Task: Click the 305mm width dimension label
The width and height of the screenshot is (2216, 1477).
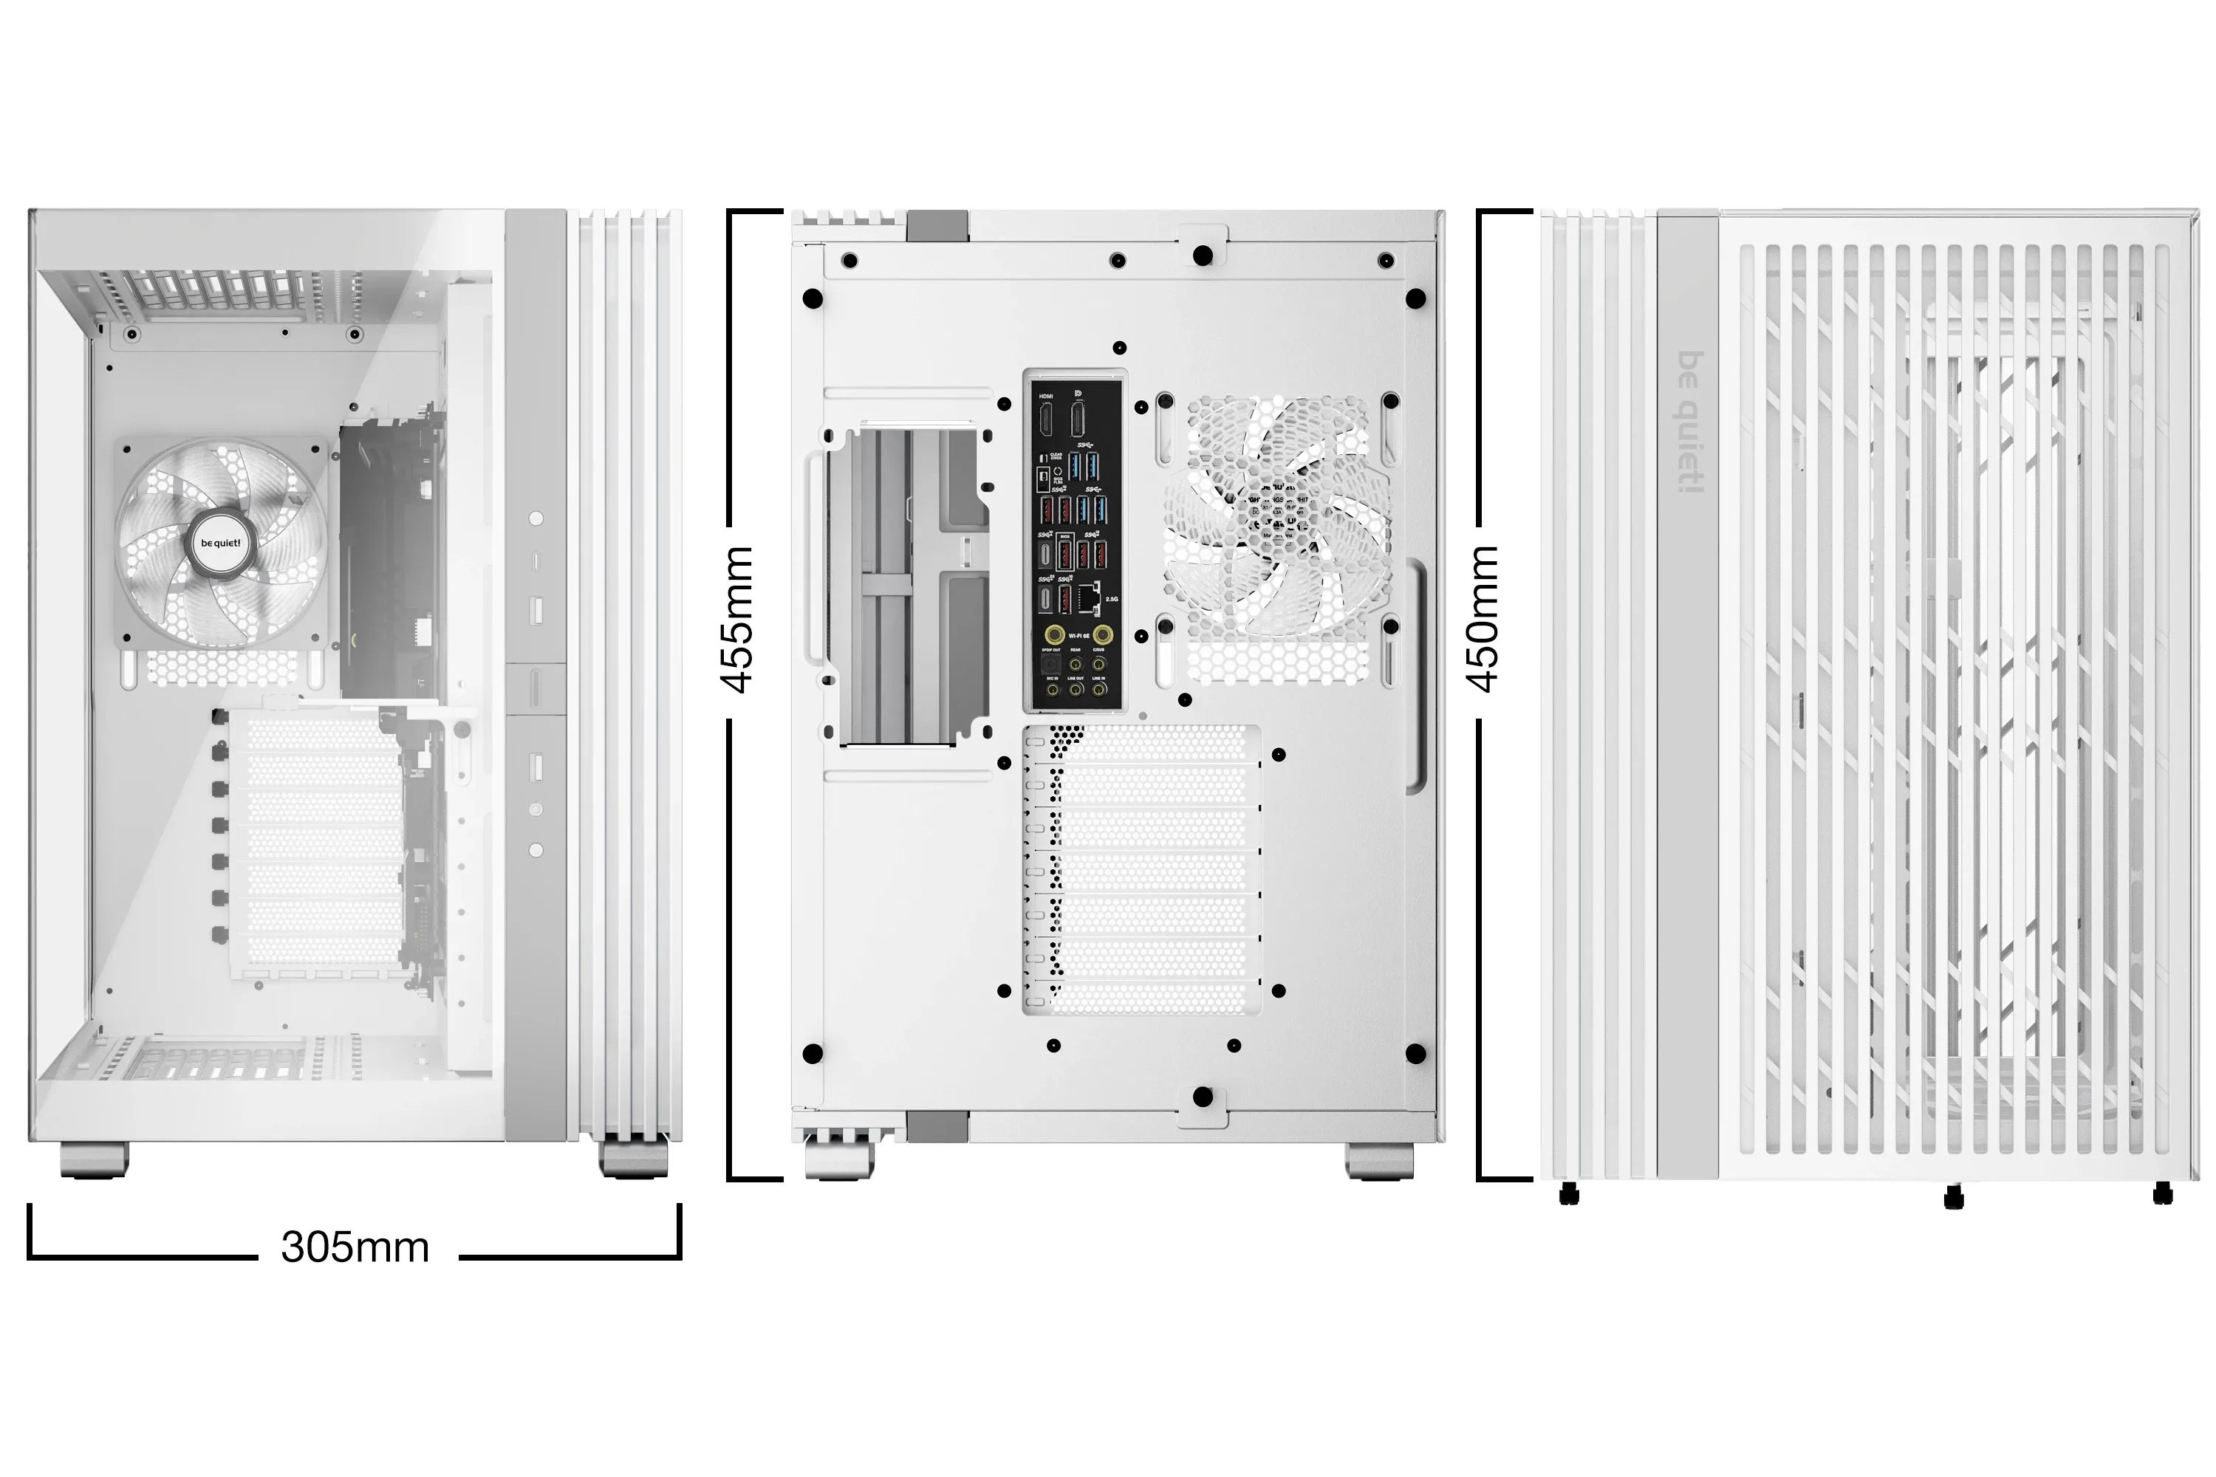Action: pyautogui.click(x=355, y=1247)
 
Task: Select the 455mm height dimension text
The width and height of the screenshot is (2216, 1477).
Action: pyautogui.click(x=738, y=619)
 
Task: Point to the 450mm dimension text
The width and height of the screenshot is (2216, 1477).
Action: pyautogui.click(x=1483, y=619)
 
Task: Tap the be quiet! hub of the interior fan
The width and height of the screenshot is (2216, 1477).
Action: pyautogui.click(x=219, y=543)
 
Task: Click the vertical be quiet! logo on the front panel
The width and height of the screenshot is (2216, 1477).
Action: pyautogui.click(x=1692, y=421)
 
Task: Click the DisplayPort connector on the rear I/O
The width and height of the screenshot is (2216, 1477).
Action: pyautogui.click(x=1078, y=420)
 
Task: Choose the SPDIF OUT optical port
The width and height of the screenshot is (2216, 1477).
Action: pyautogui.click(x=1050, y=664)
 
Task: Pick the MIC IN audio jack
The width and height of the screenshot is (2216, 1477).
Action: pyautogui.click(x=1053, y=690)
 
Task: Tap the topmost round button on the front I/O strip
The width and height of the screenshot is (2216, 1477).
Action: pyautogui.click(x=536, y=518)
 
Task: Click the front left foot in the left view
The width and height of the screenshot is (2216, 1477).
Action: pyautogui.click(x=95, y=1159)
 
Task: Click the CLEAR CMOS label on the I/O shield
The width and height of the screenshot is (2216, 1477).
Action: pyautogui.click(x=1056, y=456)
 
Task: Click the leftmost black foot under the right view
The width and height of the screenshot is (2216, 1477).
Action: pyautogui.click(x=1569, y=1194)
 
